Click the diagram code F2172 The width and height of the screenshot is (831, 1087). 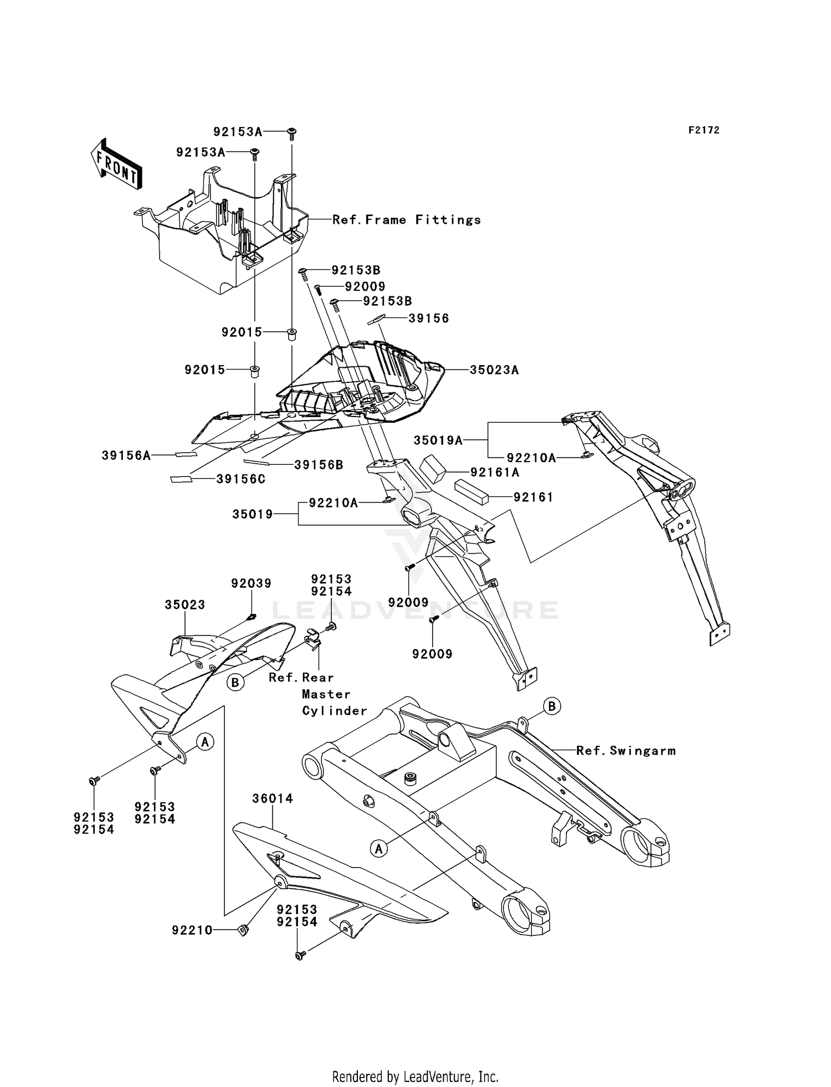(x=704, y=130)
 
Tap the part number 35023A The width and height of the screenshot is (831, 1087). (x=494, y=370)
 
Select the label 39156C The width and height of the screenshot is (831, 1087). (x=241, y=479)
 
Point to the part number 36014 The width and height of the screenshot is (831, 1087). (x=273, y=798)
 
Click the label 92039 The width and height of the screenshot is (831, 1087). (x=252, y=583)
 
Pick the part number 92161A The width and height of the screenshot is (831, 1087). (x=495, y=473)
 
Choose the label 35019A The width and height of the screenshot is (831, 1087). (x=438, y=440)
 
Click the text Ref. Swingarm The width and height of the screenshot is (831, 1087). (x=626, y=751)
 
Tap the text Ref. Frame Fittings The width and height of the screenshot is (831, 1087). (x=407, y=220)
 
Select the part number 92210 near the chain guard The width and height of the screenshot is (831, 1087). (x=192, y=930)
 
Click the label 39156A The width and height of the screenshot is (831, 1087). (x=126, y=455)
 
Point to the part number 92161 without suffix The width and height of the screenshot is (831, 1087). (x=534, y=498)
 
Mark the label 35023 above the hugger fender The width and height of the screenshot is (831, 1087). (x=184, y=605)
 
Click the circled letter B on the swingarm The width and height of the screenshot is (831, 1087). (x=552, y=706)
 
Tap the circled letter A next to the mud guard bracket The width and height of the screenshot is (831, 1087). (x=205, y=741)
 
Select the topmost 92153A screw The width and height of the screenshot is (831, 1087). (x=292, y=134)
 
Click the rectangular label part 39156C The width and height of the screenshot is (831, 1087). (x=181, y=479)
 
